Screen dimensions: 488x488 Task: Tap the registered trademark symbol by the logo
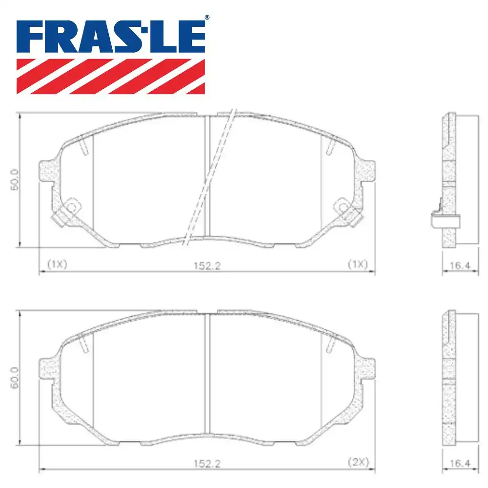pos(207,18)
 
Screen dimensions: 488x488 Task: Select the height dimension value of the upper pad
pos(15,179)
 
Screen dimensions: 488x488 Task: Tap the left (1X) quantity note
pos(57,264)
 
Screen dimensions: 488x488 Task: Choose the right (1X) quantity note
pos(357,264)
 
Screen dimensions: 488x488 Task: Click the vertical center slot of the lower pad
pos(207,373)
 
